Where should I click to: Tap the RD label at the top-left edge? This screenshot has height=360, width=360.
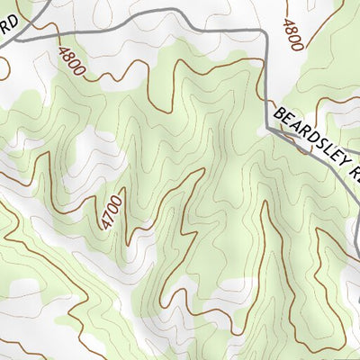8,32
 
